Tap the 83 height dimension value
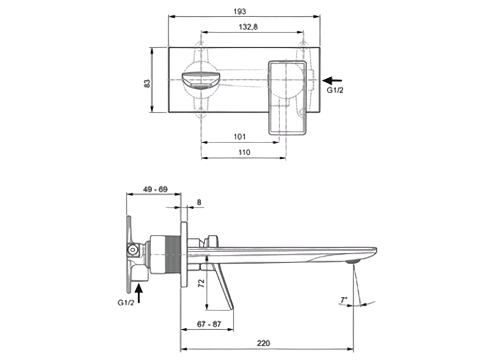point(147,83)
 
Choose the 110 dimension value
point(243,152)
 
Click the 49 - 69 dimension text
point(155,189)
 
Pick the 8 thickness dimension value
point(199,202)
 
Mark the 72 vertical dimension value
point(202,283)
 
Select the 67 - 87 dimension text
point(208,324)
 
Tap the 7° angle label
point(344,299)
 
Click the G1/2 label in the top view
point(335,90)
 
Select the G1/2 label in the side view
point(126,303)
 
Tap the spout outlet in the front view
point(200,80)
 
